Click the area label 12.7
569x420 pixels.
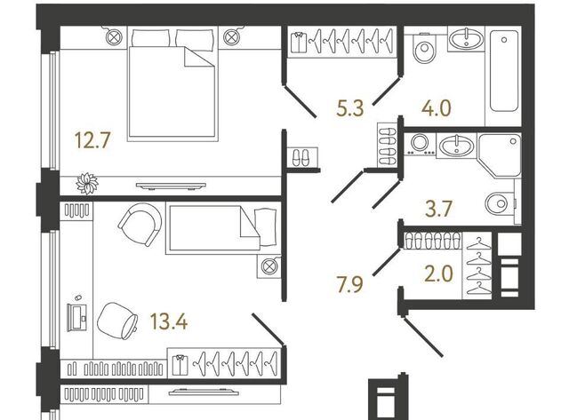click(92, 140)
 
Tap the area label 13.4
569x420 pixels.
click(169, 321)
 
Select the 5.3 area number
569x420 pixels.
click(349, 108)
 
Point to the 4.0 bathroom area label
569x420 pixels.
click(437, 108)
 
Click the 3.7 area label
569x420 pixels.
click(438, 209)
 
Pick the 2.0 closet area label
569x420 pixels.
click(438, 273)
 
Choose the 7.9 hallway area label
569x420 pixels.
click(349, 283)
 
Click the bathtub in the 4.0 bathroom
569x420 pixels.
click(504, 71)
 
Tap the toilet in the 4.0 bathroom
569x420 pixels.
click(424, 49)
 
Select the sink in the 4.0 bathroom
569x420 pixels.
click(466, 39)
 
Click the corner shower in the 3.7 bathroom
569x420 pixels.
click(500, 155)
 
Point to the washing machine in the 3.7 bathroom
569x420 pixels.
click(421, 145)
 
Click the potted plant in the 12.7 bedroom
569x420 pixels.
click(87, 184)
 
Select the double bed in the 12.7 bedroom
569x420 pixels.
click(172, 83)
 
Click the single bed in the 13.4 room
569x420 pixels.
click(223, 227)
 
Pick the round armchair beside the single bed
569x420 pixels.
click(140, 224)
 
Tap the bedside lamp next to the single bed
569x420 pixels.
click(268, 266)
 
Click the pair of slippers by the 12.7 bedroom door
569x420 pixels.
click(301, 157)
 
